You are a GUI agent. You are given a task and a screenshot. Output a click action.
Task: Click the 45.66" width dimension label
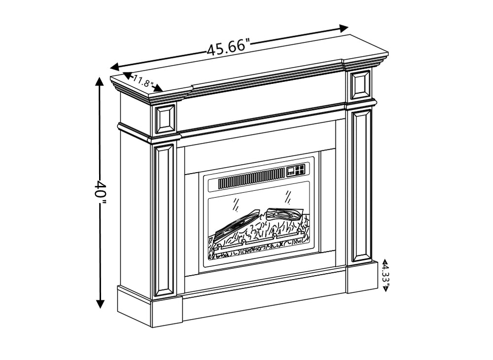pos(228,47)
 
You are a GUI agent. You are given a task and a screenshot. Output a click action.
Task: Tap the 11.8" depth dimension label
pos(143,81)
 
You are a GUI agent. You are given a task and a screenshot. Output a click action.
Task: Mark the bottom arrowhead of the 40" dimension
pos(100,304)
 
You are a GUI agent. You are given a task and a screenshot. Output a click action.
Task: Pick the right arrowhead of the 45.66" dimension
pos(344,28)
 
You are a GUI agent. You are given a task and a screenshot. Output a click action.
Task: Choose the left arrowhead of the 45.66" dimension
pos(114,67)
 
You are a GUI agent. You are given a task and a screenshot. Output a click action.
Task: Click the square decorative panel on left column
pos(165,120)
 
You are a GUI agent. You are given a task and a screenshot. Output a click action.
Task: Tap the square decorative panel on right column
pos(361,85)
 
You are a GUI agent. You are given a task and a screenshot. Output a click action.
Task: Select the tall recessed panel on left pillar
pos(164,220)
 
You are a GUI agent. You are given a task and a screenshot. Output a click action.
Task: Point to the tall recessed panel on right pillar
pos(361,186)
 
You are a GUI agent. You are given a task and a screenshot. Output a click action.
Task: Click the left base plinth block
pos(167,312)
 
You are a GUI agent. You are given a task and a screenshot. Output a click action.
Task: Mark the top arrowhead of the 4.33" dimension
pos(386,261)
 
